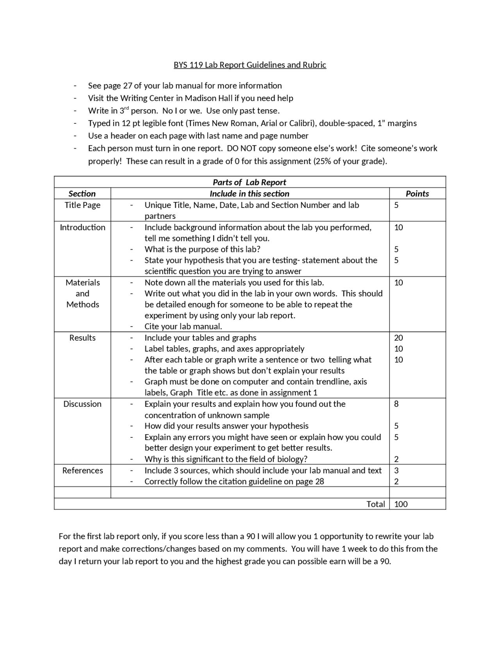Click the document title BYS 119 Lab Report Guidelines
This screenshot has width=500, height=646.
[250, 65]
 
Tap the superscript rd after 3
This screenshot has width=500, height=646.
[126, 108]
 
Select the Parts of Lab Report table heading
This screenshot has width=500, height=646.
[249, 182]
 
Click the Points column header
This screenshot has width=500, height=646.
[417, 193]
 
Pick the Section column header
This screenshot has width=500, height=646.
[82, 193]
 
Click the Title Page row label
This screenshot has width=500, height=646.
[82, 205]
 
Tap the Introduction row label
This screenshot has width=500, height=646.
[82, 227]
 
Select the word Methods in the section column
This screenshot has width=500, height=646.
[82, 304]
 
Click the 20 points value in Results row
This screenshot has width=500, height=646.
[398, 337]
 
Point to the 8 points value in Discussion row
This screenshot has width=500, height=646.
[396, 404]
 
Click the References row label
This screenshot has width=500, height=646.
[82, 470]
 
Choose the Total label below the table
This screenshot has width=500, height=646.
[375, 504]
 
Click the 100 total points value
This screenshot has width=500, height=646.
[401, 504]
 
